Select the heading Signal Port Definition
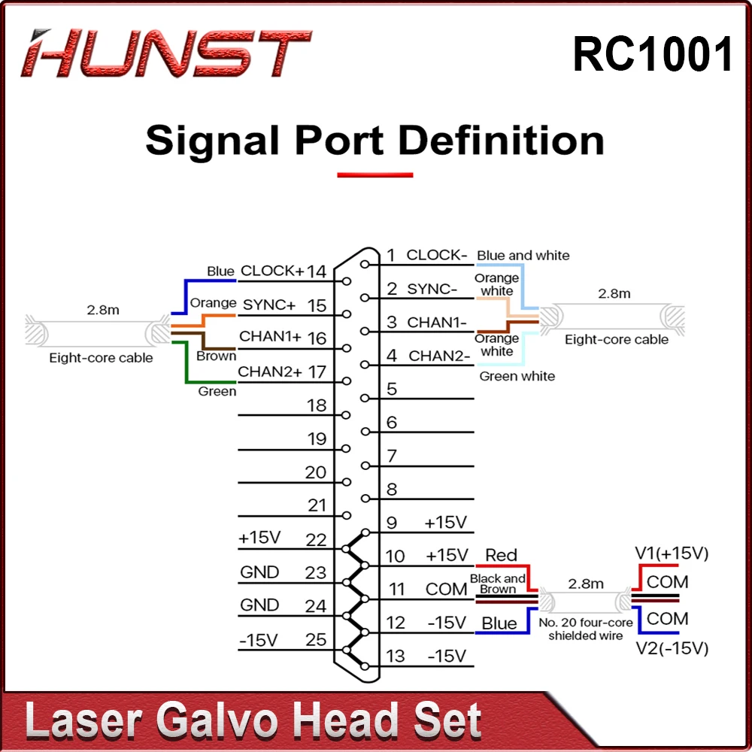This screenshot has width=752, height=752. pos(374,141)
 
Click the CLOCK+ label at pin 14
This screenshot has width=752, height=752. pos(272,270)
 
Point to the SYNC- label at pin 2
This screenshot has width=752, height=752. pos(432,288)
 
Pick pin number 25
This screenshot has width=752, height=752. pos(317,640)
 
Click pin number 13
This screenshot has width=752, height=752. pos(396,656)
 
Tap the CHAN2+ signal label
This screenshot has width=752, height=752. pos(270,371)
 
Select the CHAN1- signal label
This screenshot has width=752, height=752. pos(437,322)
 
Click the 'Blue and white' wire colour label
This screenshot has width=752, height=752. pos(523,256)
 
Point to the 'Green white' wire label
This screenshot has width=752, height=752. pos(517,376)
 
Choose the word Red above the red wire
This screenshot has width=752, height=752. pos(501,556)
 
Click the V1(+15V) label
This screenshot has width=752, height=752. pos(672,554)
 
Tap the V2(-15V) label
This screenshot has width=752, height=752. pos(672,647)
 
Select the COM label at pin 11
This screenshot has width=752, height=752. pos(446,589)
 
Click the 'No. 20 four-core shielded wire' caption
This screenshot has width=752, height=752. pos(585,629)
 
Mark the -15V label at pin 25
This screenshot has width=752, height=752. pos(258,640)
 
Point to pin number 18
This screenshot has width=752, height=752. pos(317,405)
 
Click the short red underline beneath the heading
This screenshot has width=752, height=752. pos(374,175)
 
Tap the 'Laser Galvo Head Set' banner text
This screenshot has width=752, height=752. pos(253,722)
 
